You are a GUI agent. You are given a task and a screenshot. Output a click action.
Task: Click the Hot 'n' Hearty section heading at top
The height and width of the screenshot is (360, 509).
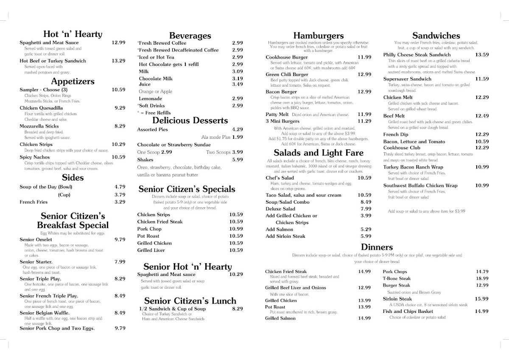pos(73,34)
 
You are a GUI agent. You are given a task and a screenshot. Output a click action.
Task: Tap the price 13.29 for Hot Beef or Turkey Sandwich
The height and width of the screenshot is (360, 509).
pos(118,61)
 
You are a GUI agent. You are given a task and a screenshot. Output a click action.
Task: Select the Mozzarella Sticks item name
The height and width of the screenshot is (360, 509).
pos(39,126)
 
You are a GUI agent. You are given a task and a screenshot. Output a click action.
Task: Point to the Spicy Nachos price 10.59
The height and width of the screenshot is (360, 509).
pos(118,157)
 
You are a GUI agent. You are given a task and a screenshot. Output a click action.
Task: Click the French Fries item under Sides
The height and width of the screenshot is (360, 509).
pos(34,202)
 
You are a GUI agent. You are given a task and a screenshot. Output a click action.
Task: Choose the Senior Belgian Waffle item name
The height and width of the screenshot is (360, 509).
pos(45,312)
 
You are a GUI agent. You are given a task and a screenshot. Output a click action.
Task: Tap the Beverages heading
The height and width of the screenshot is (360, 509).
pos(190,36)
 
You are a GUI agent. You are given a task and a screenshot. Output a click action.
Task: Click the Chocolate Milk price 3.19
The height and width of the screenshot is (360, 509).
pos(238,79)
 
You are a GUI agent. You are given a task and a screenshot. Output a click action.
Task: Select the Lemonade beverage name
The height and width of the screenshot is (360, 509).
pos(150,98)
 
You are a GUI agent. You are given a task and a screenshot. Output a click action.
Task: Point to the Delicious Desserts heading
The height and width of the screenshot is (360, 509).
pos(190,121)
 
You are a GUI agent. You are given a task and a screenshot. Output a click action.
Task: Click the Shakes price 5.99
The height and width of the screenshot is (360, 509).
pos(238,160)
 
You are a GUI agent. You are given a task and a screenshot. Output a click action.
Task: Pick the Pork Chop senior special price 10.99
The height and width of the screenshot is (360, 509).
pos(236,229)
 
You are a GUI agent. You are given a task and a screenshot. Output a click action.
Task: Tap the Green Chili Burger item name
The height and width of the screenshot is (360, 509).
pos(287,74)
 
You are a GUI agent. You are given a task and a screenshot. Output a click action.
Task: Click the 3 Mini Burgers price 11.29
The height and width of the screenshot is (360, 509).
pos(364,121)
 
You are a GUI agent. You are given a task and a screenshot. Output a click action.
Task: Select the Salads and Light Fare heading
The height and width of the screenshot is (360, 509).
pos(318,152)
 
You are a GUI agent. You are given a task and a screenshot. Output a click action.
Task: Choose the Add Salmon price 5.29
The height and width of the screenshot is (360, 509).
pos(366,229)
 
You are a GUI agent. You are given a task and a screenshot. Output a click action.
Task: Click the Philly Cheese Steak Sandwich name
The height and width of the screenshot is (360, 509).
pos(417,55)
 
